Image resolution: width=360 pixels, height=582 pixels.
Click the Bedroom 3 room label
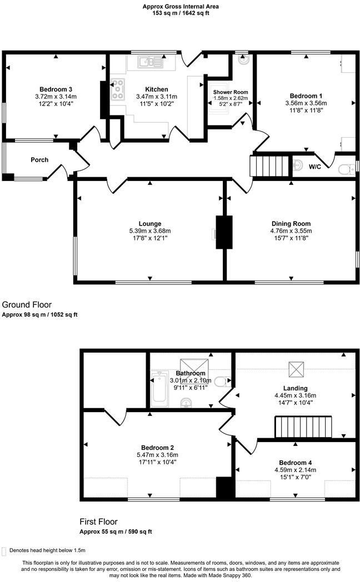[56, 89]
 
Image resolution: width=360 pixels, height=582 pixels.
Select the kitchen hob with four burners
[118, 90]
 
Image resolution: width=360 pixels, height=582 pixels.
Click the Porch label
[39, 160]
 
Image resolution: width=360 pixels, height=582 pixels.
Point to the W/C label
[314, 167]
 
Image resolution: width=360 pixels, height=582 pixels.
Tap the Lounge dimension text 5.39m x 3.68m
[151, 231]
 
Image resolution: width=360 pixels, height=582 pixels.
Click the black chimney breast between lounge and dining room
[224, 231]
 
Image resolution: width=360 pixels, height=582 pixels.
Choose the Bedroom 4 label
[295, 463]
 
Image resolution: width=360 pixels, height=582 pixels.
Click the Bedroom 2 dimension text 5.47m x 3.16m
[158, 455]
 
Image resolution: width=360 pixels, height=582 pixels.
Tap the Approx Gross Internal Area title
[180, 7]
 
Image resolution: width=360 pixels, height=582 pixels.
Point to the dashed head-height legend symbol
[4, 550]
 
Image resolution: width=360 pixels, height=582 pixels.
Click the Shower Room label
[231, 92]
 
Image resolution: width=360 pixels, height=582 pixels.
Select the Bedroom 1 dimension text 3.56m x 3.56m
[306, 103]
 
